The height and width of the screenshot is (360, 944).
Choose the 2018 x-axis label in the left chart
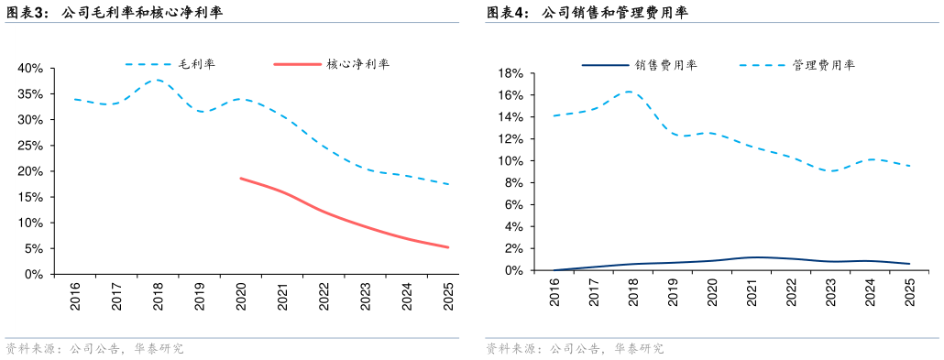pyautogui.click(x=158, y=296)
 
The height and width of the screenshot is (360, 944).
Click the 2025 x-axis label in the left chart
pyautogui.click(x=448, y=296)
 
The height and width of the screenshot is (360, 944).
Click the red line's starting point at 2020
pyautogui.click(x=240, y=178)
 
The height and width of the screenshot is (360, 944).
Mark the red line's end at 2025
pyautogui.click(x=448, y=247)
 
